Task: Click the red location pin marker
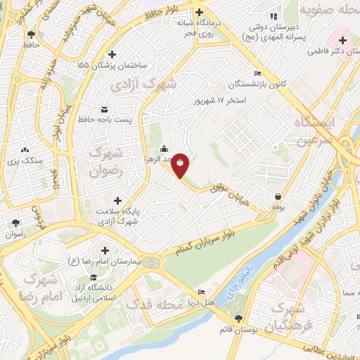click(x=181, y=165)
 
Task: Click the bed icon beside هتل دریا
click(x=202, y=292)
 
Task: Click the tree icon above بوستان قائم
click(x=238, y=317)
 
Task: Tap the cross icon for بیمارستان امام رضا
click(x=105, y=250)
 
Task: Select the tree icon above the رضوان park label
click(x=15, y=224)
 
